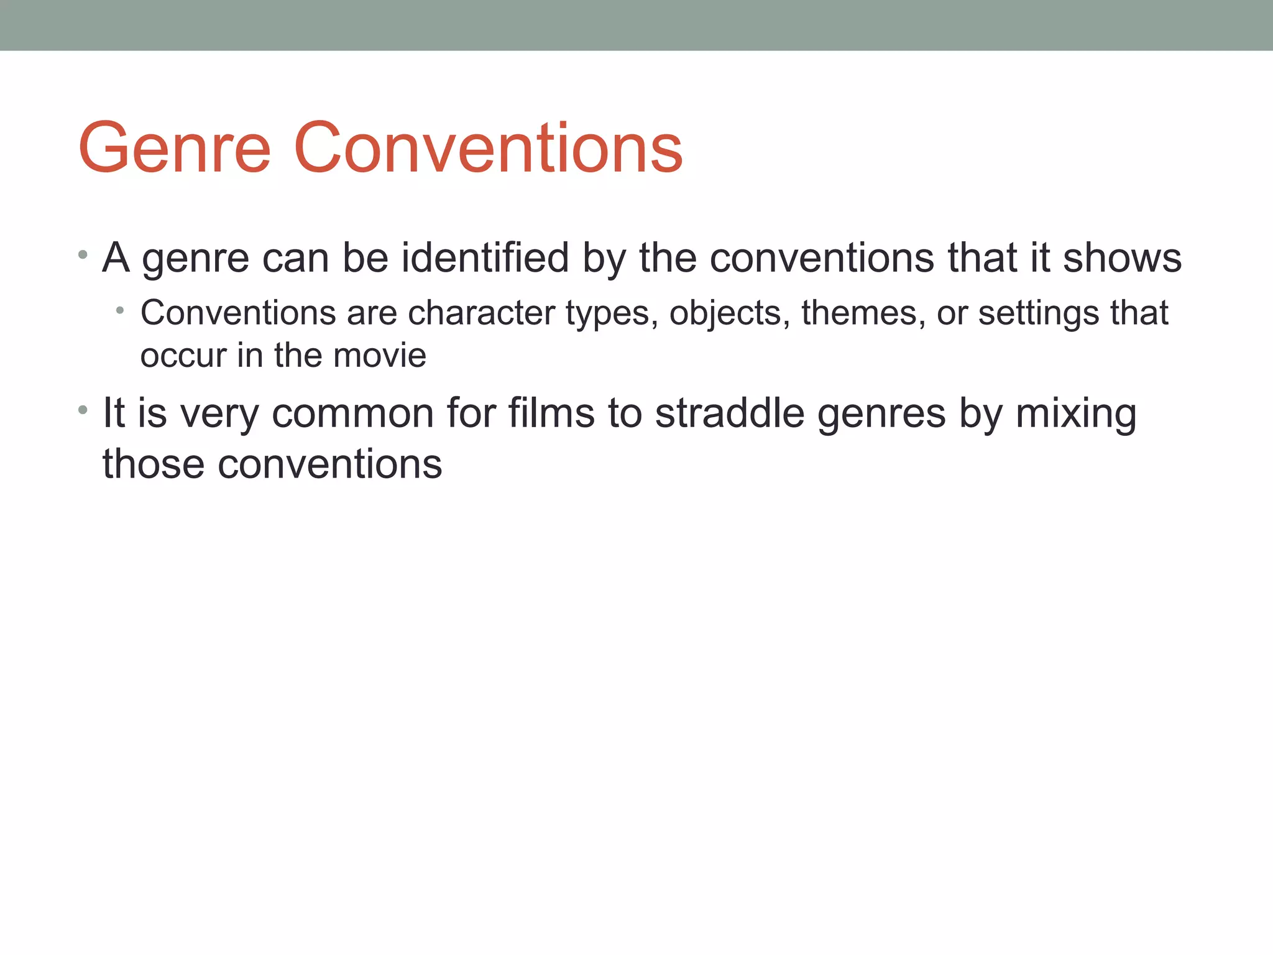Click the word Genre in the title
point(175,148)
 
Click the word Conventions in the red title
point(488,148)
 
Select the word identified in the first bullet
point(485,257)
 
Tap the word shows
point(1122,257)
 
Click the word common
point(352,413)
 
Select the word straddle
point(730,413)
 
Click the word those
point(153,464)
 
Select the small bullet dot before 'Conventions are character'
point(120,310)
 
